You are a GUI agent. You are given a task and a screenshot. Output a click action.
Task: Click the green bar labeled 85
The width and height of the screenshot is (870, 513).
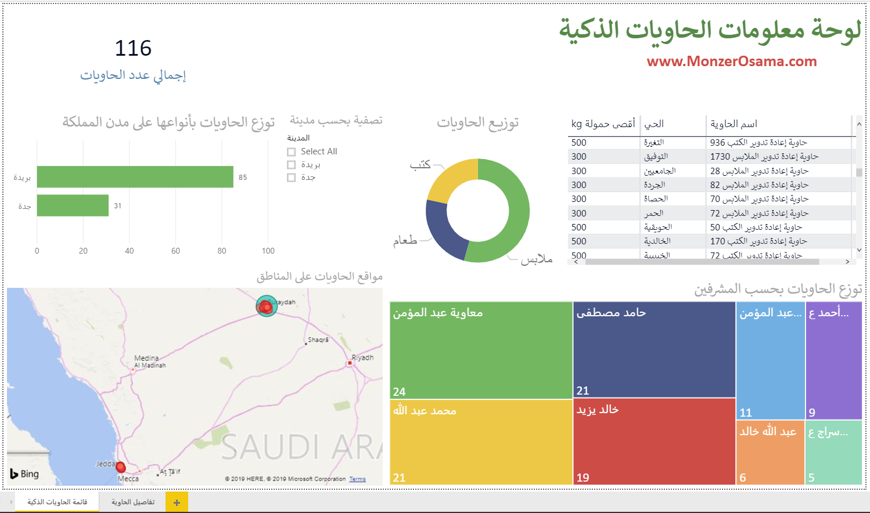pos(135,177)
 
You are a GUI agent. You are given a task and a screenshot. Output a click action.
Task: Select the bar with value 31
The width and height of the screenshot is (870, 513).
pos(73,205)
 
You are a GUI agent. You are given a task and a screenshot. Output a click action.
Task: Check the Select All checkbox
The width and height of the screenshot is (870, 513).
pos(292,152)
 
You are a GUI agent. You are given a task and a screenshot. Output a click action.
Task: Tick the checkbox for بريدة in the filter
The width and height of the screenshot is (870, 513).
pos(292,165)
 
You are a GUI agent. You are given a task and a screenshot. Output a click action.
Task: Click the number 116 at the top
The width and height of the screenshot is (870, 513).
pos(133,48)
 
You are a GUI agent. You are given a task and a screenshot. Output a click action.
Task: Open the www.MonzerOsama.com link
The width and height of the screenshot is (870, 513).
pos(731,62)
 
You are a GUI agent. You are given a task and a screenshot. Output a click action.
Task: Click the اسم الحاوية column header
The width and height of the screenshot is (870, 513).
pos(734,124)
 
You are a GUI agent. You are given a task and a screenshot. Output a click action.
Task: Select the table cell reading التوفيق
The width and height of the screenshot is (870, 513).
pos(656,157)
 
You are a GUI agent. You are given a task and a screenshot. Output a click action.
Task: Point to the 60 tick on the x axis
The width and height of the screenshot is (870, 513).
pos(175,251)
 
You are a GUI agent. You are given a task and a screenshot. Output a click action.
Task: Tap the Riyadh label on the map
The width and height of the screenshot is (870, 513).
pos(362,357)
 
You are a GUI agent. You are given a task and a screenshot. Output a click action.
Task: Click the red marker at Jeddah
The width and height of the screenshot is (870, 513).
pos(120,467)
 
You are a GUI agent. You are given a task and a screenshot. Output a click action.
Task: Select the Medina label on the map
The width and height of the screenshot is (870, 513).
pos(146,358)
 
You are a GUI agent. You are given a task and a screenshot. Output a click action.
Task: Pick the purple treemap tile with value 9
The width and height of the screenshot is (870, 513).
pos(833,363)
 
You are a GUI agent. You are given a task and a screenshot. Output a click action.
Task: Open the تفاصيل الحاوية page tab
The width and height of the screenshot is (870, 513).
pos(133,502)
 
